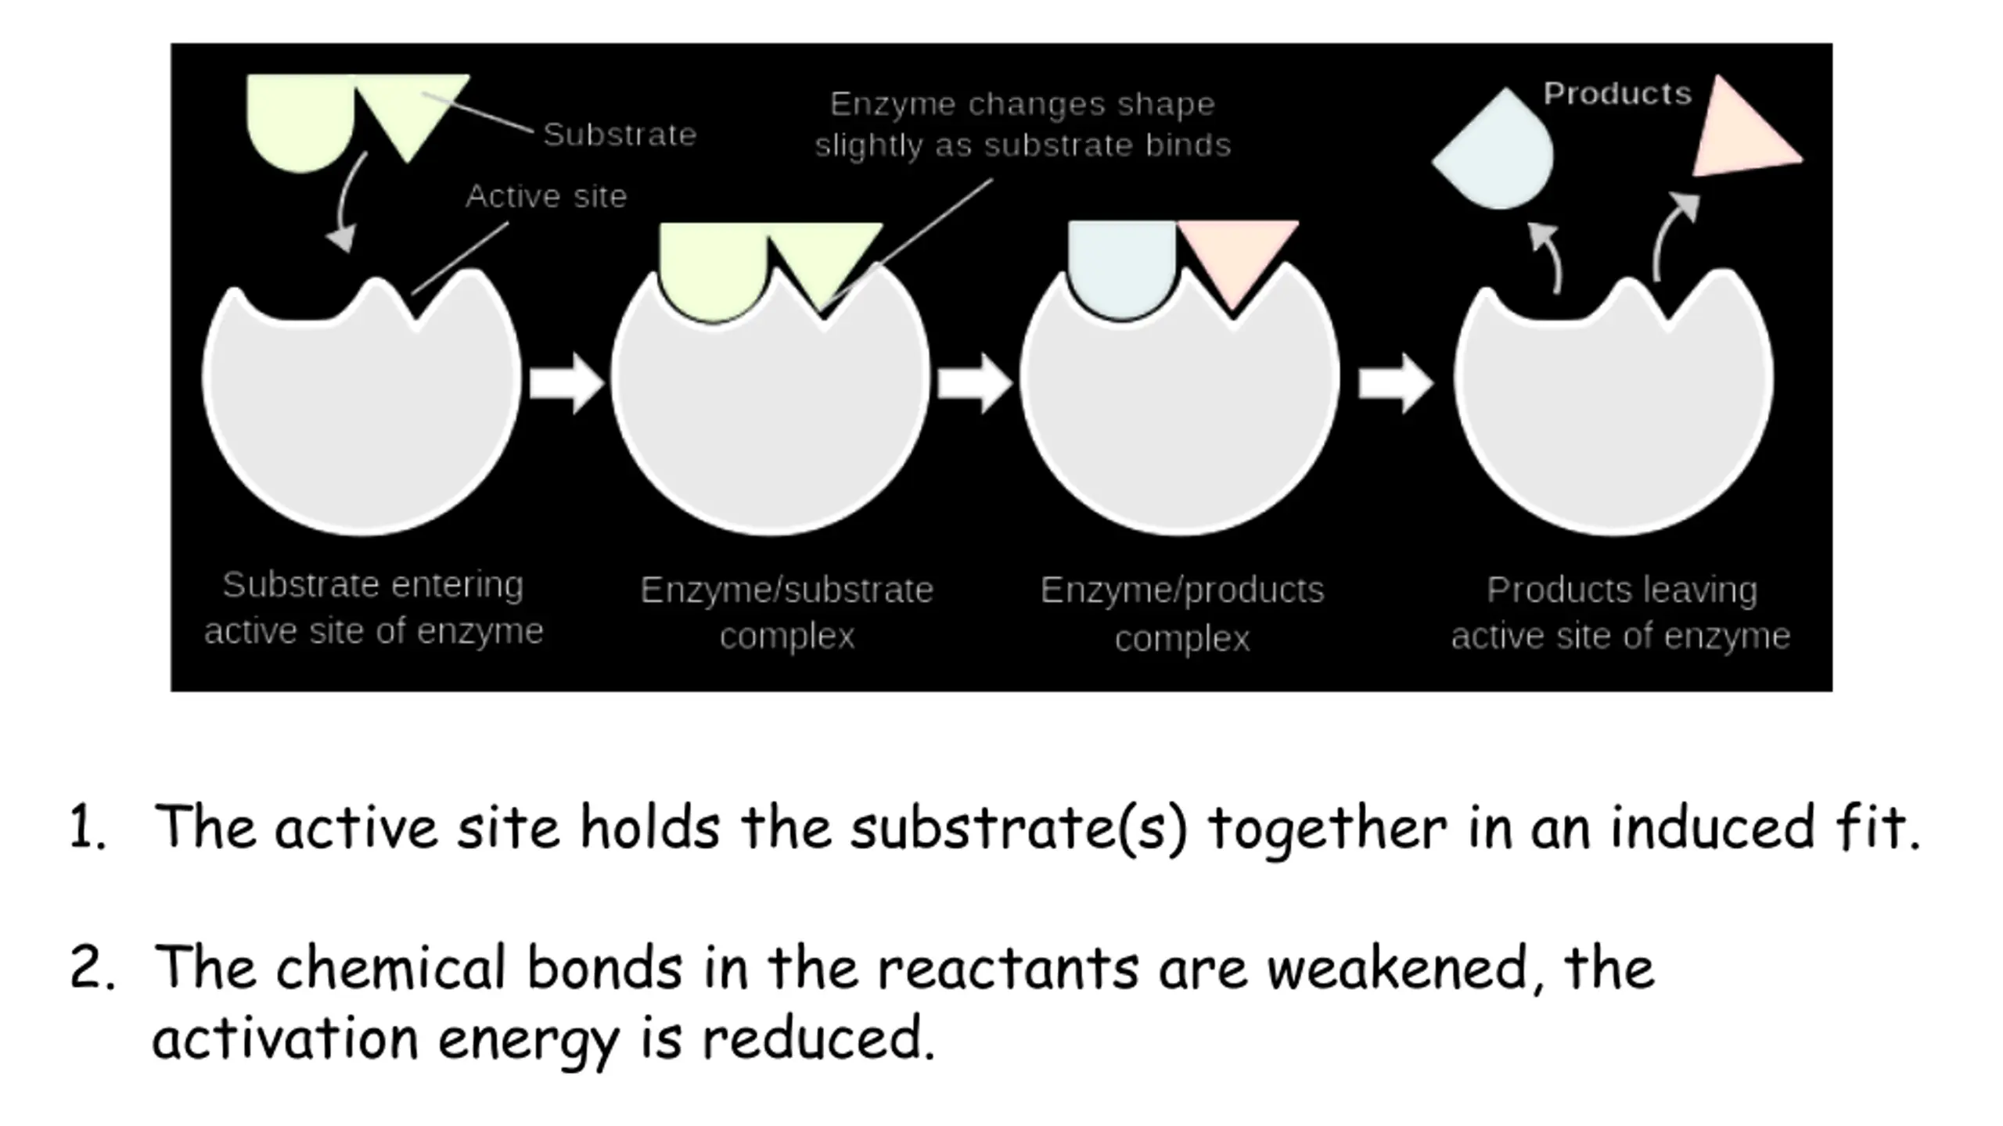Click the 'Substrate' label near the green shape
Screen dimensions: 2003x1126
(620, 134)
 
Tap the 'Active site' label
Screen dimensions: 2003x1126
(546, 196)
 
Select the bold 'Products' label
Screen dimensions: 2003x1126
(1617, 94)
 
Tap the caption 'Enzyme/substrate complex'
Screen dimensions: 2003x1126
(787, 612)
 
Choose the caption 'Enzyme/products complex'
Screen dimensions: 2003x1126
(1182, 614)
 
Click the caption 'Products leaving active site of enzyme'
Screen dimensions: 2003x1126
(1621, 612)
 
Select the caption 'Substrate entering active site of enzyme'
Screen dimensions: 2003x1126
(373, 608)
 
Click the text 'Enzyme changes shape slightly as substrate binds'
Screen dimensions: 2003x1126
(1023, 124)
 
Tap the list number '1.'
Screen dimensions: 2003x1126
(88, 827)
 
